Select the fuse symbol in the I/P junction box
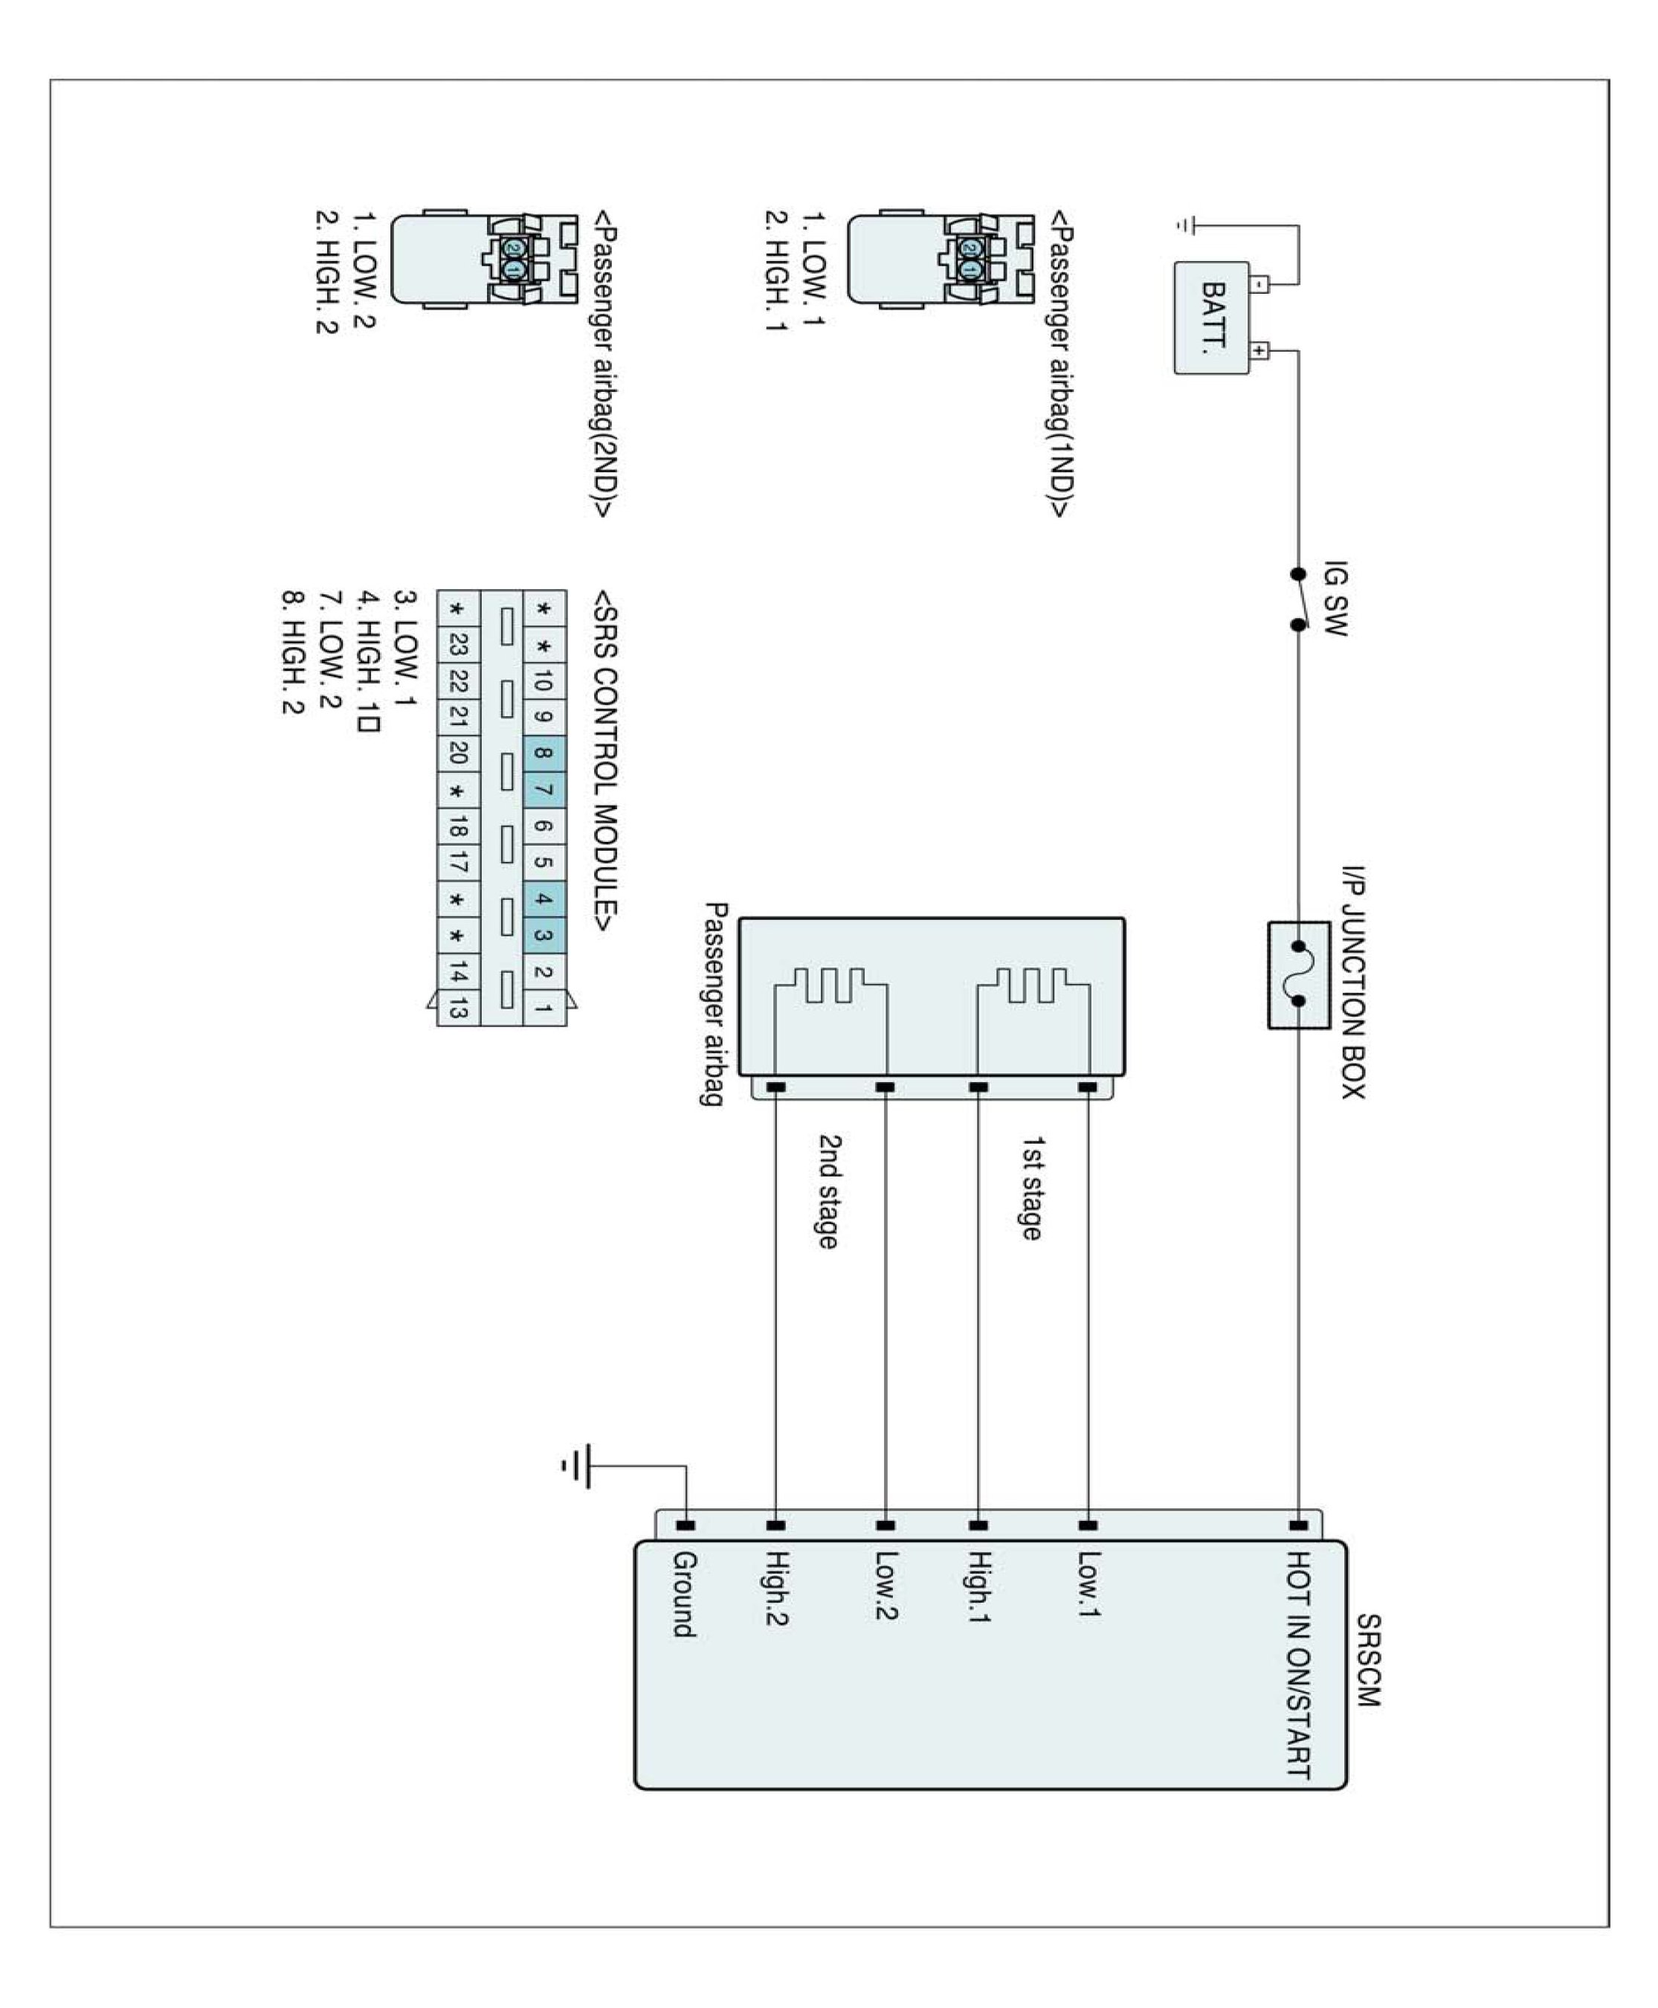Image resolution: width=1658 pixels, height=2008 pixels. pos(1298,974)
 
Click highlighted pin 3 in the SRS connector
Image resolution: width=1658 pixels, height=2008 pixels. pos(543,936)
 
